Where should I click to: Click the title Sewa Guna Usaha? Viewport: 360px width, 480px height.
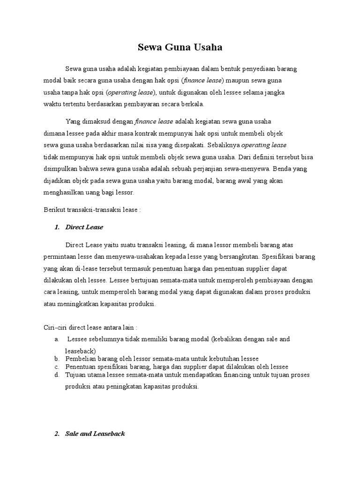pyautogui.click(x=180, y=47)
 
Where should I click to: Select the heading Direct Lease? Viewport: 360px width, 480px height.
pyautogui.click(x=84, y=227)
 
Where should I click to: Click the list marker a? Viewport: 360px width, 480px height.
pyautogui.click(x=56, y=339)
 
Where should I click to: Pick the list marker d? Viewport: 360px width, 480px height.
pyautogui.click(x=56, y=375)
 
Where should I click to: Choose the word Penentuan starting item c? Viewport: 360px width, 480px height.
pyautogui.click(x=81, y=367)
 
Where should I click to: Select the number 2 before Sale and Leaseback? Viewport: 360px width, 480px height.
pyautogui.click(x=57, y=434)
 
